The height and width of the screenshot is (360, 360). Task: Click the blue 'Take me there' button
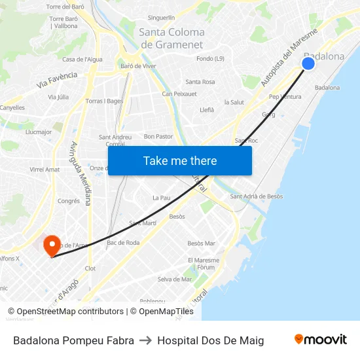tap(180, 160)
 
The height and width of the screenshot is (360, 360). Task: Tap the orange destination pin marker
tap(51, 245)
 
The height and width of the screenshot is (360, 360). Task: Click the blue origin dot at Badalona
tap(308, 63)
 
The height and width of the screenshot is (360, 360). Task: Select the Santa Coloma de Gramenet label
tap(171, 38)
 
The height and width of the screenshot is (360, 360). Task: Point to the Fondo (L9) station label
tap(210, 59)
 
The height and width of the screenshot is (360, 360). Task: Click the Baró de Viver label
tap(137, 65)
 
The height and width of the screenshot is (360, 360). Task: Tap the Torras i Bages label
tap(104, 101)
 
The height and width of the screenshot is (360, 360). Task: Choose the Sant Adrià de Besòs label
tap(257, 196)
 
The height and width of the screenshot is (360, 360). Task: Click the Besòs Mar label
tap(201, 243)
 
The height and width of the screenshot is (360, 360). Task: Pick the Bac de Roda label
tap(123, 242)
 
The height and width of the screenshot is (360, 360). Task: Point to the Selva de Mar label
tap(175, 279)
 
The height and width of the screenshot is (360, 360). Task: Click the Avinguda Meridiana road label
tap(81, 173)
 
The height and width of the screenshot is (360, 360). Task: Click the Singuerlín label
tap(162, 17)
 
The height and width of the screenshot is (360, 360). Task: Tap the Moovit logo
tap(320, 339)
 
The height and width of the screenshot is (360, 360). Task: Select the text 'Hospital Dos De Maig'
tap(210, 340)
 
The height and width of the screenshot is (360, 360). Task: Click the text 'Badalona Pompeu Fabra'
tap(73, 340)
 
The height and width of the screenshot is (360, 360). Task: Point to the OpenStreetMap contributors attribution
tap(66, 312)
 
